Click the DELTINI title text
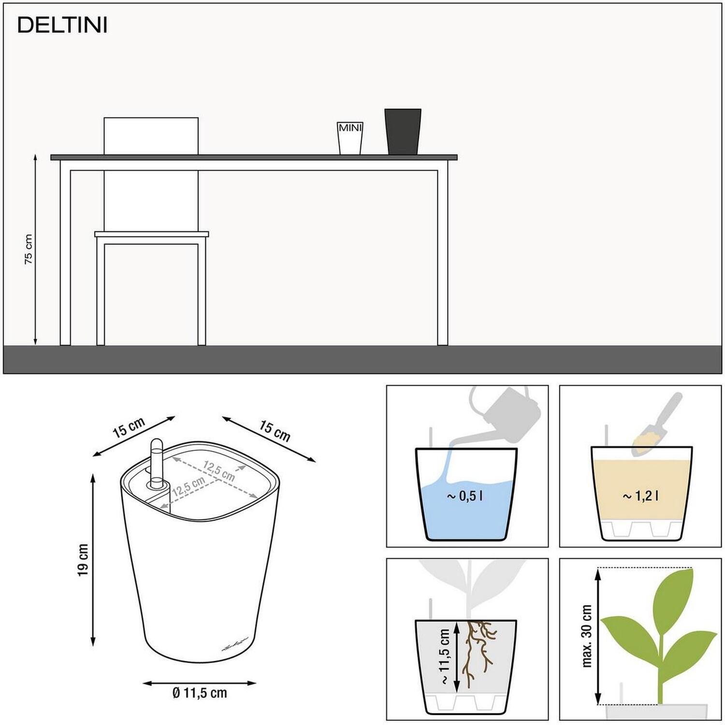(62, 26)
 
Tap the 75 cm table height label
(29, 249)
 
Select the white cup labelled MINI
(350, 138)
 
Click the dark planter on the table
(403, 132)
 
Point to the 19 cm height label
(83, 560)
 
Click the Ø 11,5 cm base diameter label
(200, 693)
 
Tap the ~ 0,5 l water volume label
(464, 496)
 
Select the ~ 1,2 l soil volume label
(640, 496)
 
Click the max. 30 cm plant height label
(587, 636)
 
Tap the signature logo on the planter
(235, 645)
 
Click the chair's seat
(152, 234)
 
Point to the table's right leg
(442, 253)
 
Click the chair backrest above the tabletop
(151, 136)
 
